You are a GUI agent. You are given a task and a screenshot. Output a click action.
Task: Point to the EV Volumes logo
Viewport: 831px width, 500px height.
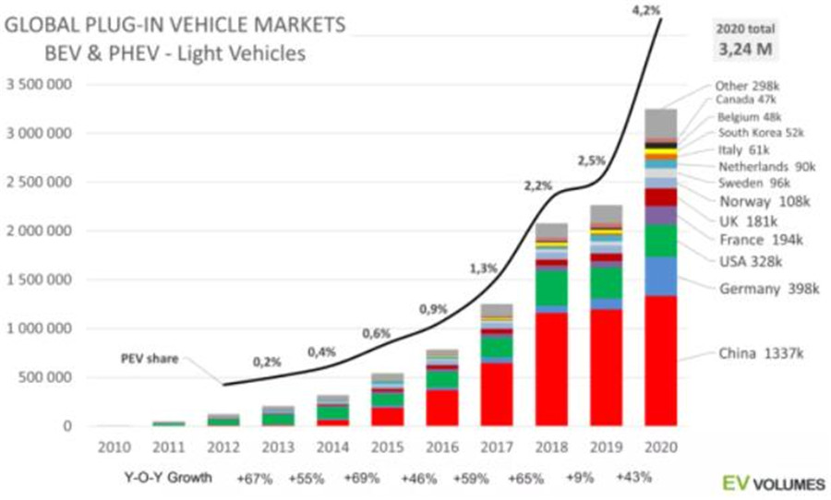tap(769, 481)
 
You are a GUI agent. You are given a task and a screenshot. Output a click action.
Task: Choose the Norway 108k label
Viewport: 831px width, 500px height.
tap(753, 200)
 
